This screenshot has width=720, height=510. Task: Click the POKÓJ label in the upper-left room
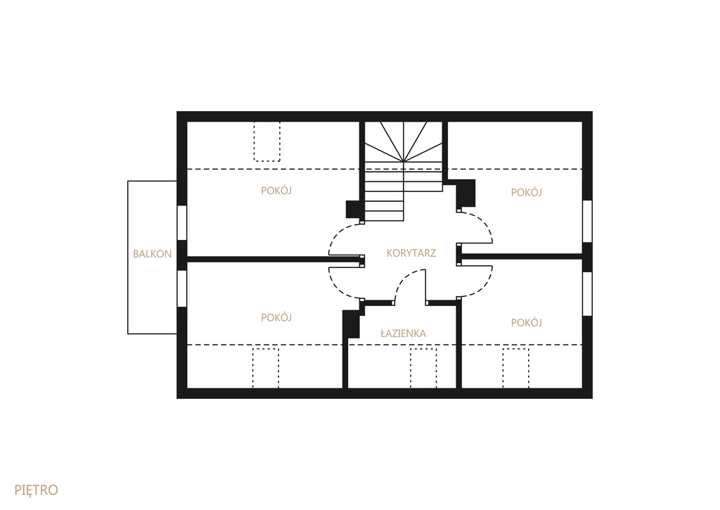(x=276, y=190)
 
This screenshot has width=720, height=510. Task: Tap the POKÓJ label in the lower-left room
(x=276, y=317)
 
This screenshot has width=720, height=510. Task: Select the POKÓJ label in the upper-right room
(x=526, y=192)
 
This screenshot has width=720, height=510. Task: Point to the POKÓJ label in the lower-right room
(x=526, y=323)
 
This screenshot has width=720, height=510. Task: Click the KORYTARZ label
(x=411, y=253)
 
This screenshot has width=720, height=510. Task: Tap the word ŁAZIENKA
(x=403, y=333)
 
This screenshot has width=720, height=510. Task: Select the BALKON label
(x=152, y=254)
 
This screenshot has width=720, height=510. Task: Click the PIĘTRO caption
(x=37, y=490)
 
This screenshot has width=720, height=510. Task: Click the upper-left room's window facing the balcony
(x=182, y=223)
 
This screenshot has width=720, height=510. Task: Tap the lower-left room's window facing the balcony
(x=182, y=288)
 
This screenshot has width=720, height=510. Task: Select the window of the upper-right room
(x=587, y=221)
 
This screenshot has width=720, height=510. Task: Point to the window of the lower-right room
(x=587, y=294)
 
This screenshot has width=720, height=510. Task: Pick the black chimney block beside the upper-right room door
(x=465, y=193)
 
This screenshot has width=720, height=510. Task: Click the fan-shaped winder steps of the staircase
(x=404, y=141)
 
